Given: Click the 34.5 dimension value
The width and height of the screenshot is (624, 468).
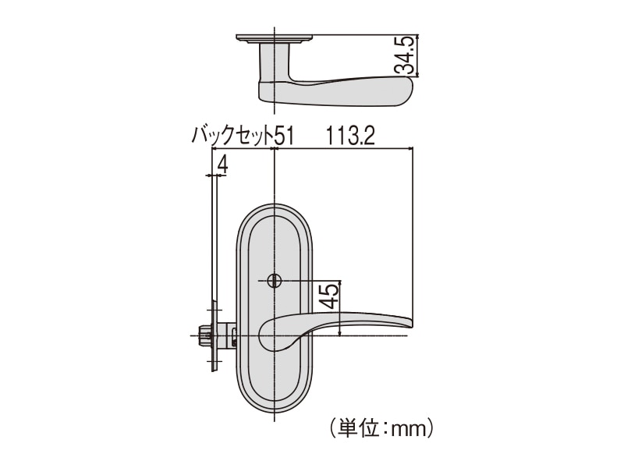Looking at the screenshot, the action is pos(405,55).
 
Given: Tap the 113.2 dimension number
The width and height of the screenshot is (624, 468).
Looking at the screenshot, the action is pos(350,136).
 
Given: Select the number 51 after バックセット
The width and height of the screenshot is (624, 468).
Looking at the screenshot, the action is pos(285,136).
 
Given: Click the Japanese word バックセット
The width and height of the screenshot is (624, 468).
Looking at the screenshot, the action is pos(233,136).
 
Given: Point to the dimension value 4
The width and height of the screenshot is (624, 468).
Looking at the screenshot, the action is pos(222,164).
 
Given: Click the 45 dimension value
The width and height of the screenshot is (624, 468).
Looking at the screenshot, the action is pos(330,296).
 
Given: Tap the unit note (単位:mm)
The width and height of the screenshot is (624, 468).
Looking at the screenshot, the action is pos(381,428).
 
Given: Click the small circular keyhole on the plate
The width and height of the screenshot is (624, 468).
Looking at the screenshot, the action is pos(275,281).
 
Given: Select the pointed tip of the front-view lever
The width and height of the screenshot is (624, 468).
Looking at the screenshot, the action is pos(412,326).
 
